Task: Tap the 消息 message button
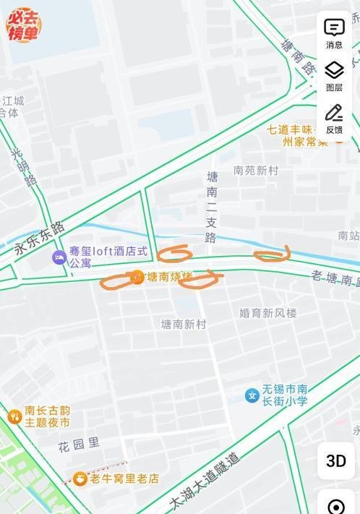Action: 334,33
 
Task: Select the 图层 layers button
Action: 334,76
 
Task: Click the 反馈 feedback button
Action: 334,119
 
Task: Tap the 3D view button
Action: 335,461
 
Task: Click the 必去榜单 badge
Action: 24,25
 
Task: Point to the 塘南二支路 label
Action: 212,207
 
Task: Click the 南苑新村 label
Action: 255,171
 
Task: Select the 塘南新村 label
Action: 184,325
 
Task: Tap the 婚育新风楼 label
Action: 267,313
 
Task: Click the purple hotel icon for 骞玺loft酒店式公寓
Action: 59,257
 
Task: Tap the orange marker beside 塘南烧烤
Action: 137,277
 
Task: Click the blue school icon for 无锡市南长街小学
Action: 252,395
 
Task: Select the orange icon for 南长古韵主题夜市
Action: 14,416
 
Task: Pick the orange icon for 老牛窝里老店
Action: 80,479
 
